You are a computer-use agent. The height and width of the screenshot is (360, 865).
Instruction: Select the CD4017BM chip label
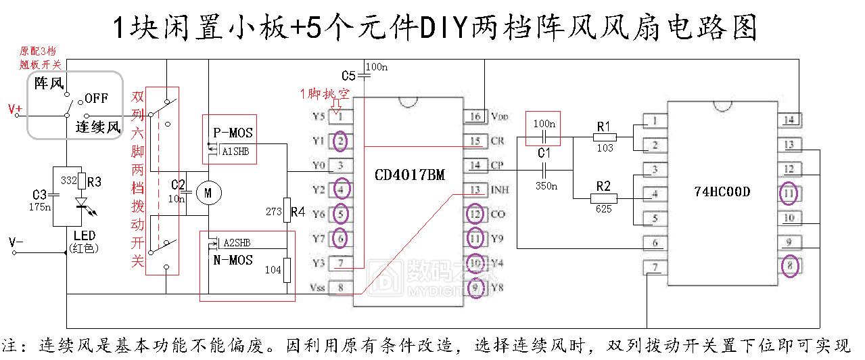coord(410,175)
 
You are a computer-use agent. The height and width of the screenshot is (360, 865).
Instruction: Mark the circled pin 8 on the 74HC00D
coord(789,265)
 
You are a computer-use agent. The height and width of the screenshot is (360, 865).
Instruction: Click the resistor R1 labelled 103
coord(604,137)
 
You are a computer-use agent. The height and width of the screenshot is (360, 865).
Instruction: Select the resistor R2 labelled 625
coord(604,198)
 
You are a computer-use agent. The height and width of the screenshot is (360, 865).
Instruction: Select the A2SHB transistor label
coord(236,242)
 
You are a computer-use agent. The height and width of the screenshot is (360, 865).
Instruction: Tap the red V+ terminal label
coord(15,109)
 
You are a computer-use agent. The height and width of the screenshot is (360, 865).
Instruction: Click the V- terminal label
coord(16,242)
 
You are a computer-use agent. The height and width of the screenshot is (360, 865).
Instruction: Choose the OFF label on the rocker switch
coord(96,98)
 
